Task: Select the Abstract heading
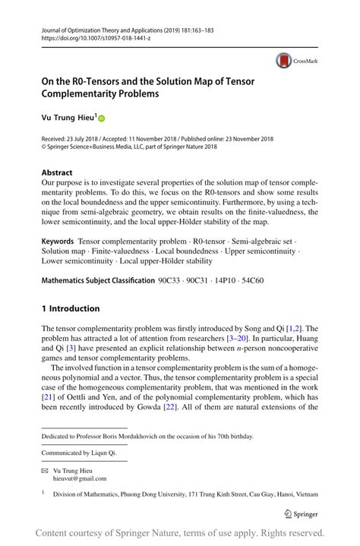pyautogui.click(x=57, y=172)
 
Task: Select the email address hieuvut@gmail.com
pyautogui.click(x=80, y=479)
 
